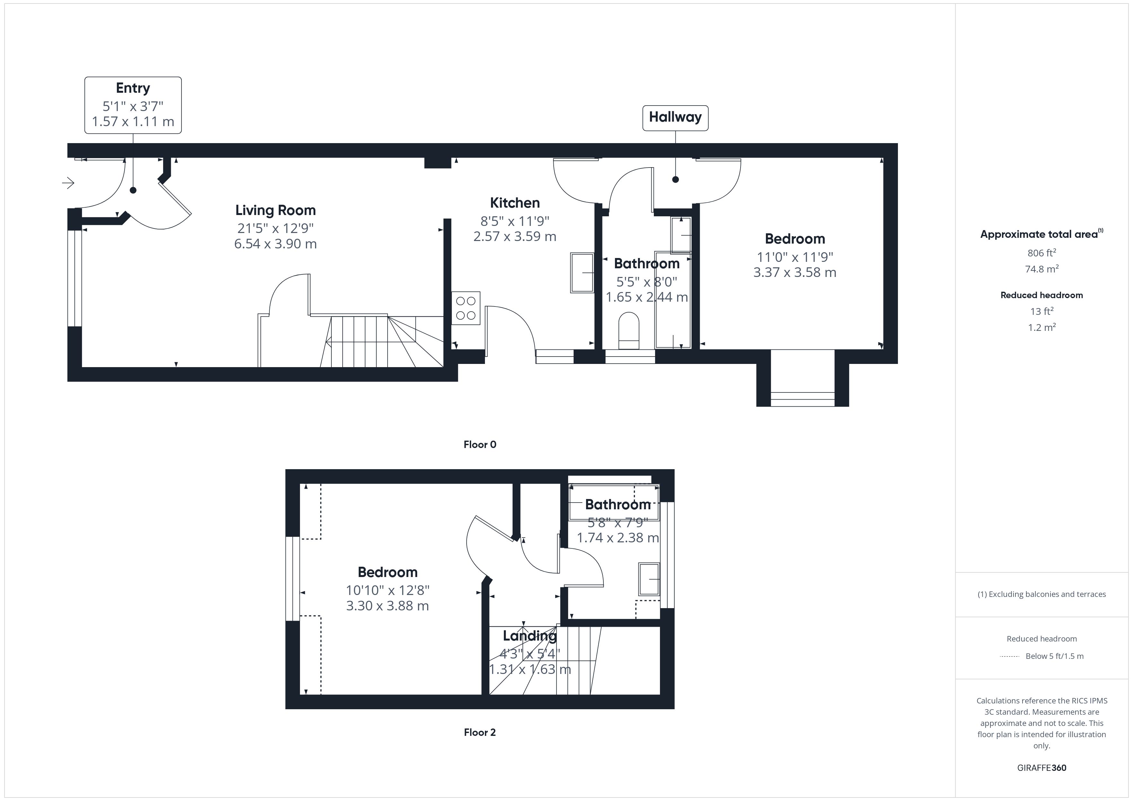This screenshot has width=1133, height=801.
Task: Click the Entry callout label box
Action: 133,105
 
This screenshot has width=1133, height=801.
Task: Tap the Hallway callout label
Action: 675,117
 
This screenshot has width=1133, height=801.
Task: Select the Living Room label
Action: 275,211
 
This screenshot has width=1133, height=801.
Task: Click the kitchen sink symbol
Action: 582,273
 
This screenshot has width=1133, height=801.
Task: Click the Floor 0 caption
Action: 480,444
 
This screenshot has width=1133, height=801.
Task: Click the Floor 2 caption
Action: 480,732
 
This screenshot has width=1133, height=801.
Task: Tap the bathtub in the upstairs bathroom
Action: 614,503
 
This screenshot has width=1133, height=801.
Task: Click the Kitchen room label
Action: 515,203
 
